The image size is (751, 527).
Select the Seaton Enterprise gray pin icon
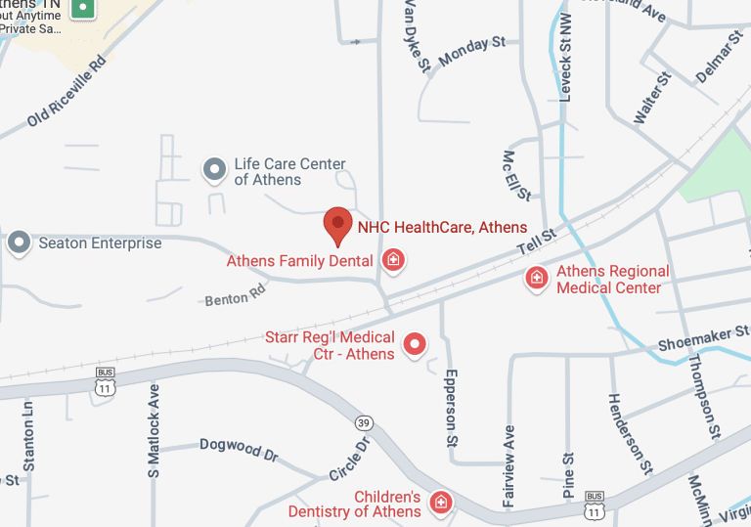[19, 242]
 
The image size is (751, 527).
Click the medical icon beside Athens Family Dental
[393, 261]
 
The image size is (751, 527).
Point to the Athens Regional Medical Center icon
[536, 279]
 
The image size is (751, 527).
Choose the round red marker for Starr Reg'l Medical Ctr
[416, 343]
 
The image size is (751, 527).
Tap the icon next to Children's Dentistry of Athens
[441, 503]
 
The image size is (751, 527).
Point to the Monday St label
[472, 52]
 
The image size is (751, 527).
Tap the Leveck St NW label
[564, 59]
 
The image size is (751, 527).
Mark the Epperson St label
[451, 407]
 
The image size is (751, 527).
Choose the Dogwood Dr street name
[239, 449]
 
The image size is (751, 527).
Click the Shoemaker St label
[695, 339]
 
